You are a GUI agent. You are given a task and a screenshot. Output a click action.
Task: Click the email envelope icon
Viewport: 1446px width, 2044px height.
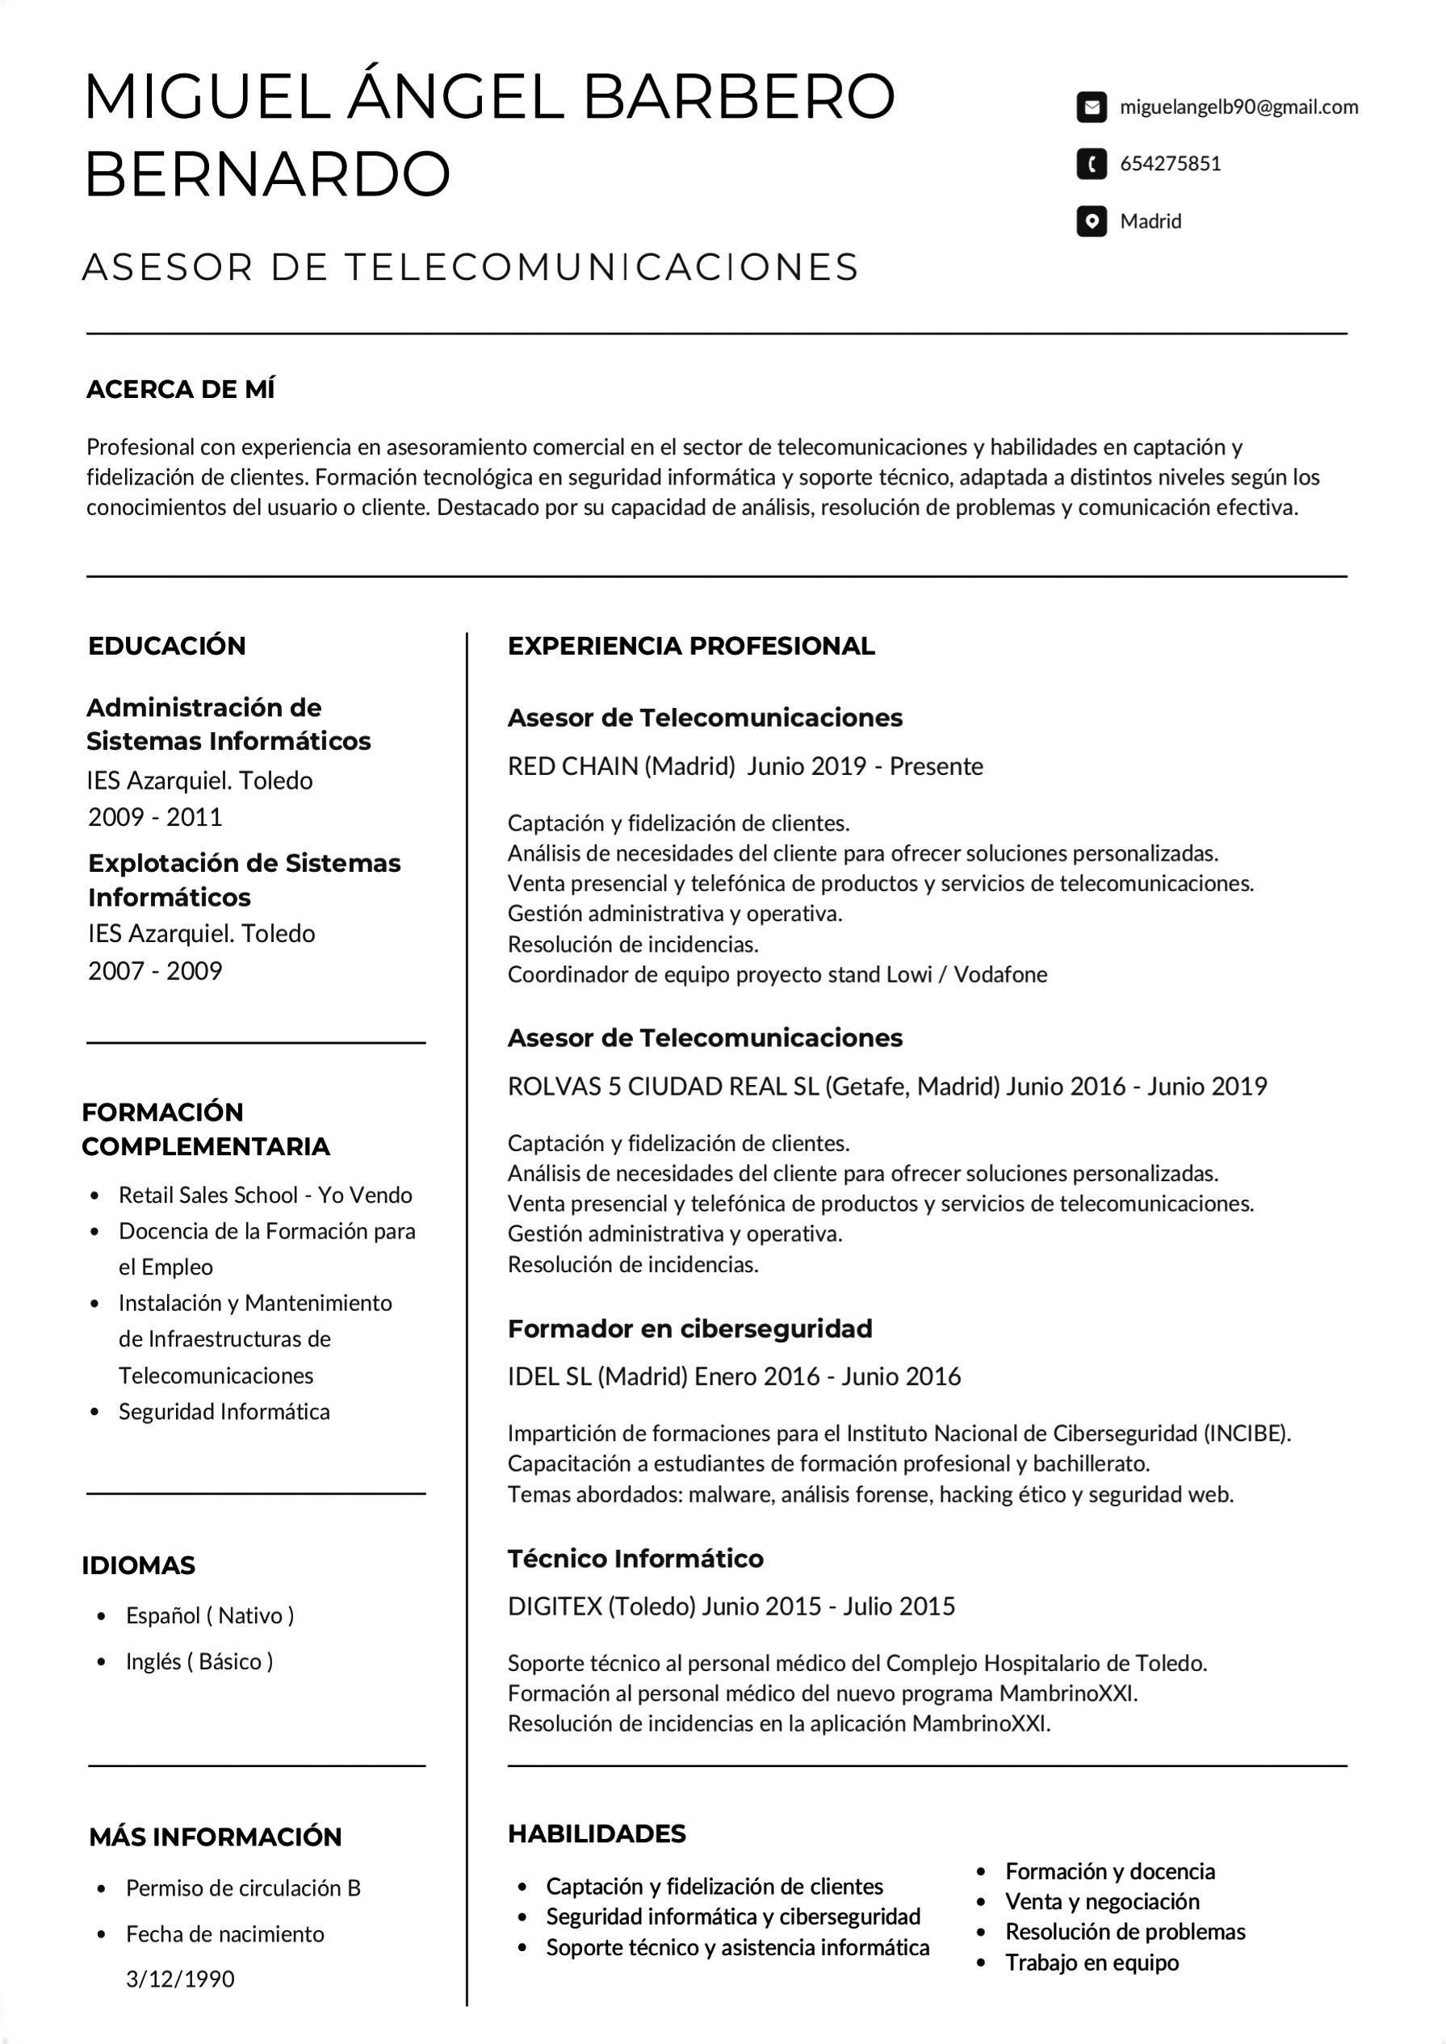1091,107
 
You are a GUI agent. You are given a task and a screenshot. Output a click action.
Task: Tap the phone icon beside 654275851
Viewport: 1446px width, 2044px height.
1091,164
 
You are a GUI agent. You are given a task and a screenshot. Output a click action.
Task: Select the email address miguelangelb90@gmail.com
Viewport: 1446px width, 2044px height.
1239,107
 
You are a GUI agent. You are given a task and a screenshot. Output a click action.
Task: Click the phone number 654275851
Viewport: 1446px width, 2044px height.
1170,164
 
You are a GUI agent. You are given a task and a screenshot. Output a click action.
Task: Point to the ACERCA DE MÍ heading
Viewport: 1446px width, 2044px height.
181,389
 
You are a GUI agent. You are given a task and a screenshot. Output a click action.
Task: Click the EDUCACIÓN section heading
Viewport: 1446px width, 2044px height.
166,646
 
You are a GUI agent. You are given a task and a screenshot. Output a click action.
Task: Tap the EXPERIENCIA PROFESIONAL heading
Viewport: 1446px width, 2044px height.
691,646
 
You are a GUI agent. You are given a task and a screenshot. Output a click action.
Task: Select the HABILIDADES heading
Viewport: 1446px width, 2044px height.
597,1833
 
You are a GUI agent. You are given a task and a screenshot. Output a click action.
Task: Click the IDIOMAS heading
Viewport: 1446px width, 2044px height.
138,1565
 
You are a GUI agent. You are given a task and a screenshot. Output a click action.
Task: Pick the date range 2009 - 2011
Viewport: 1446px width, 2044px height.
155,816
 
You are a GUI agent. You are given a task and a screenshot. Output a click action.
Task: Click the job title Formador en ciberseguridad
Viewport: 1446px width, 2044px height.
689,1328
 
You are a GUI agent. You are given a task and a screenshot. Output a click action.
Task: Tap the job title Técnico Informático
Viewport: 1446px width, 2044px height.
635,1558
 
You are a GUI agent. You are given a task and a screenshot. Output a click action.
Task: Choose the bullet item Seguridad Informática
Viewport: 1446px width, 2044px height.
224,1411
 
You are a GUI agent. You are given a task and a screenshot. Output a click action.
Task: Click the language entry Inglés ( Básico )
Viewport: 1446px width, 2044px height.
199,1661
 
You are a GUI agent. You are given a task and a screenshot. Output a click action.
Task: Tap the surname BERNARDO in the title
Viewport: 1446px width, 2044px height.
267,174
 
